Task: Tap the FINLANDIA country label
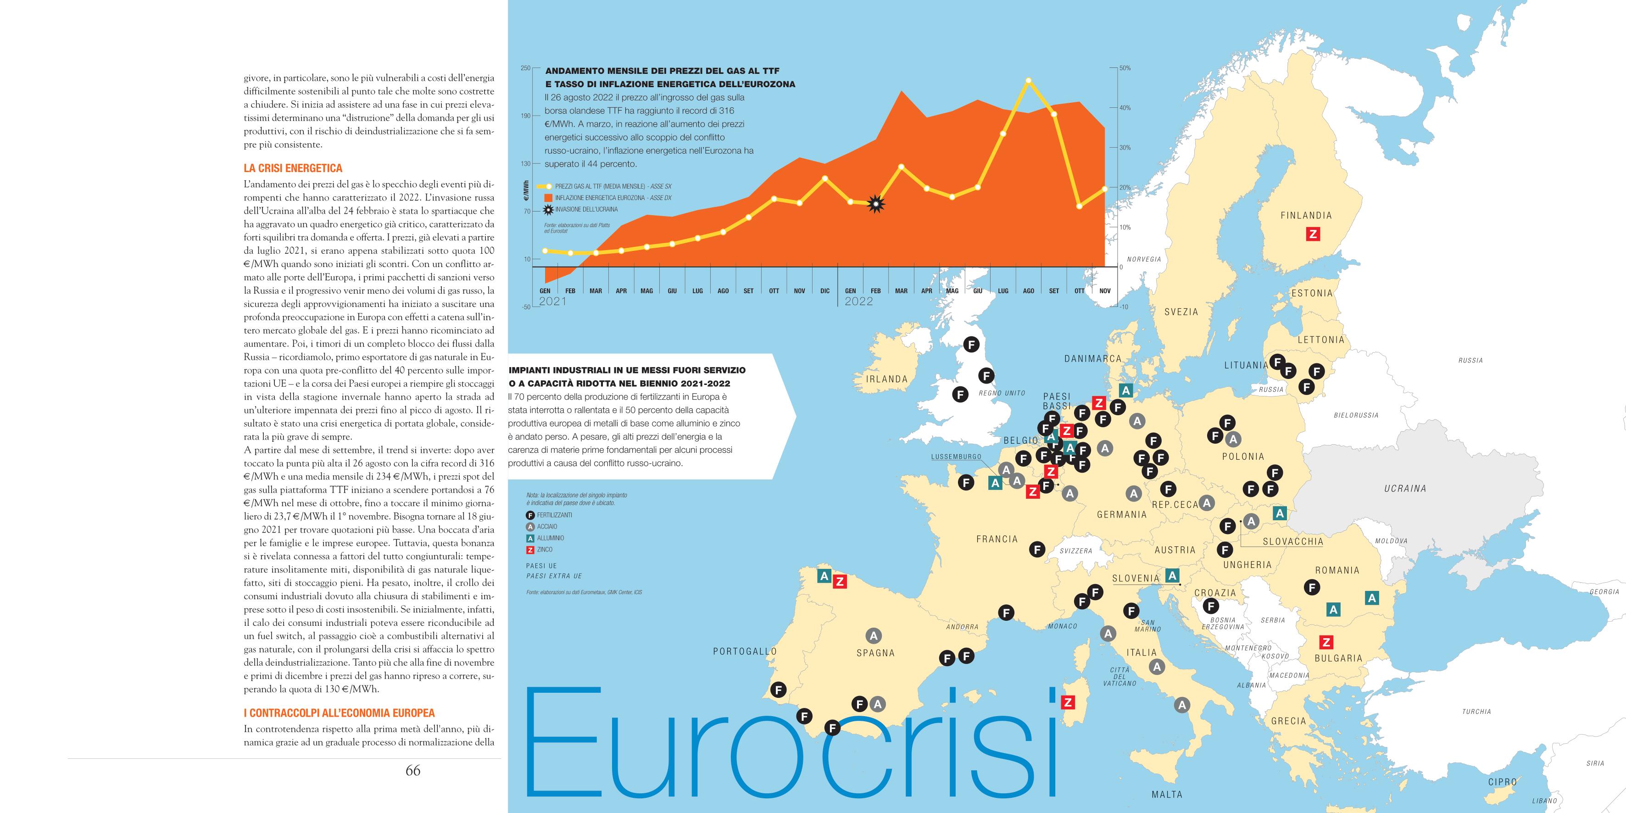click(x=1306, y=215)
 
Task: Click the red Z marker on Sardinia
click(x=1067, y=702)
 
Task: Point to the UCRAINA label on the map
click(x=1405, y=489)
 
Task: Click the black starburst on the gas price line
click(x=875, y=204)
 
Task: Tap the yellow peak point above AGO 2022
click(x=1028, y=81)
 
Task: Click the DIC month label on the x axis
click(x=824, y=291)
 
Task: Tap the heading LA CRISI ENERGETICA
click(x=293, y=168)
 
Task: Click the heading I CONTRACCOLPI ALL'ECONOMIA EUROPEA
click(x=339, y=713)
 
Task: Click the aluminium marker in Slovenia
click(x=1172, y=576)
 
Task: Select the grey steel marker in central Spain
click(x=874, y=635)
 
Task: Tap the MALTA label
click(x=1166, y=795)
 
